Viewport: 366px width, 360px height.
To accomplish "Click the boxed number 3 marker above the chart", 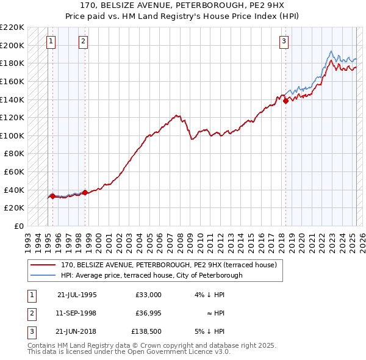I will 284,41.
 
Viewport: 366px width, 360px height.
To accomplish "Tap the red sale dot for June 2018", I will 286,101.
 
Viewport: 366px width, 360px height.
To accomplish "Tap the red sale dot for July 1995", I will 52,196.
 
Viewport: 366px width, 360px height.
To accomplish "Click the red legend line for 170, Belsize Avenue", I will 43,265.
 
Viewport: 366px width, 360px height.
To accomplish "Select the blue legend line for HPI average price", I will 43,275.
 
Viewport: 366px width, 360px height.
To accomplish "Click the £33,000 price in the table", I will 149,295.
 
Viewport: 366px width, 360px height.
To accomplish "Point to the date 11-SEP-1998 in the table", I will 76,313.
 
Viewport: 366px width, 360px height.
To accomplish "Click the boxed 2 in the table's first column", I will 30,313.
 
